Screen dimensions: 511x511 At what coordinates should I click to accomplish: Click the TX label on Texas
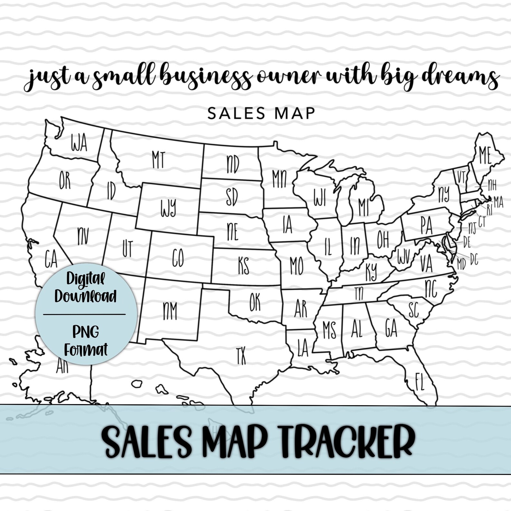pos(241,356)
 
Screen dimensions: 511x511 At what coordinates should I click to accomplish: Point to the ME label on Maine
pos(485,155)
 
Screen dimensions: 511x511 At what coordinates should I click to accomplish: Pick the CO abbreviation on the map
pos(178,258)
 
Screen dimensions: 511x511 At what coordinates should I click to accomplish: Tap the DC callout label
pos(474,259)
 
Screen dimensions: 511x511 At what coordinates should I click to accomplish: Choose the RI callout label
pos(489,210)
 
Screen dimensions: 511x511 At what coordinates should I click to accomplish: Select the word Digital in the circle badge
pos(86,279)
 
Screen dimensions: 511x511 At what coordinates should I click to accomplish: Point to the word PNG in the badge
pos(86,331)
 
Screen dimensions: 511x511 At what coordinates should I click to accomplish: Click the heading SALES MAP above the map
pos(261,113)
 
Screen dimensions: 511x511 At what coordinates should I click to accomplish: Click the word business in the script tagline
pos(206,77)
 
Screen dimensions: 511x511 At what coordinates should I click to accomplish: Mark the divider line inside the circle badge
pos(84,314)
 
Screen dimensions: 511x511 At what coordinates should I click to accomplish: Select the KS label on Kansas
pos(244,266)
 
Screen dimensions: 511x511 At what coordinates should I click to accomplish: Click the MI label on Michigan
pos(364,207)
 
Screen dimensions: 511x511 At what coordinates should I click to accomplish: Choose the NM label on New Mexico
pos(170,311)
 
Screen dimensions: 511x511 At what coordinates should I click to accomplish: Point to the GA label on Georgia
pos(391,328)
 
